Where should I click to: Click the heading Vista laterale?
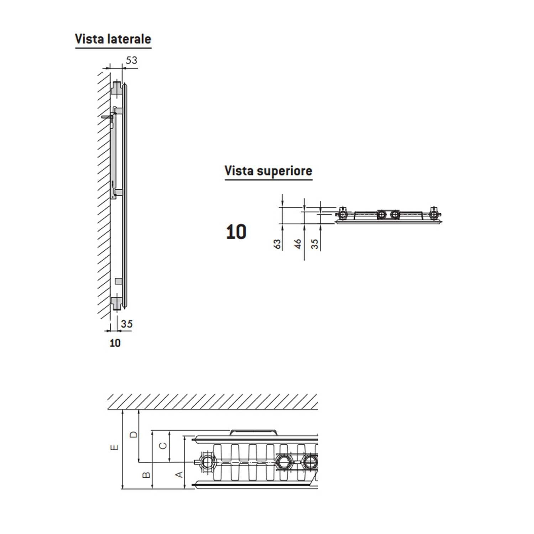click(113, 39)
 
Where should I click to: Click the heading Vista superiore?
click(268, 171)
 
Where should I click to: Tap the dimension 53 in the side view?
click(131, 61)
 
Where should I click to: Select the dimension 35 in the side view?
click(126, 324)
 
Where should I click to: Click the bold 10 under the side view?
click(115, 343)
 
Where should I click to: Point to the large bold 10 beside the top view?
click(236, 232)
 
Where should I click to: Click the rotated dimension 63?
click(278, 244)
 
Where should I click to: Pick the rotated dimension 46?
click(298, 244)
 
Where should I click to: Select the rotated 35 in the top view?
click(315, 244)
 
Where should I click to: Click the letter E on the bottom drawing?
click(114, 447)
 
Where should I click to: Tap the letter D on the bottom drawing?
click(133, 435)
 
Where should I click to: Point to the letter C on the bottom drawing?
click(163, 445)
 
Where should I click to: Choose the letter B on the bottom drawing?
click(146, 475)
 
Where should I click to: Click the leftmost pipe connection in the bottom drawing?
click(207, 462)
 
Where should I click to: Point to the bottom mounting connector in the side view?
click(117, 303)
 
